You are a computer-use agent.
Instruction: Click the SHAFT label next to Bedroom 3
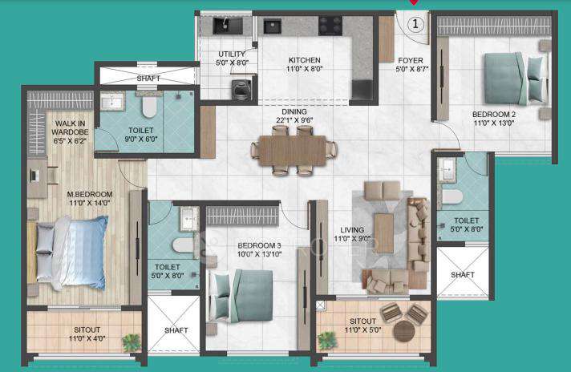[x=176, y=330]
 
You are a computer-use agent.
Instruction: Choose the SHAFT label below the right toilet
[x=463, y=273]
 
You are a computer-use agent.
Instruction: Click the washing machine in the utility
[x=239, y=87]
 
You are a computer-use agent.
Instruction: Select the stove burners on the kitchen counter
[x=330, y=25]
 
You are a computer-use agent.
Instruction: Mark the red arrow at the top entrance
[x=415, y=3]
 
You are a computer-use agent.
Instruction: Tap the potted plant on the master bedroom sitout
[x=129, y=344]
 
